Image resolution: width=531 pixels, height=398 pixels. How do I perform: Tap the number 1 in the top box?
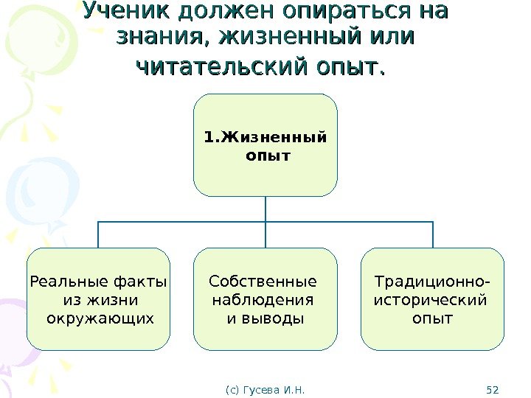coord(207,136)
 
